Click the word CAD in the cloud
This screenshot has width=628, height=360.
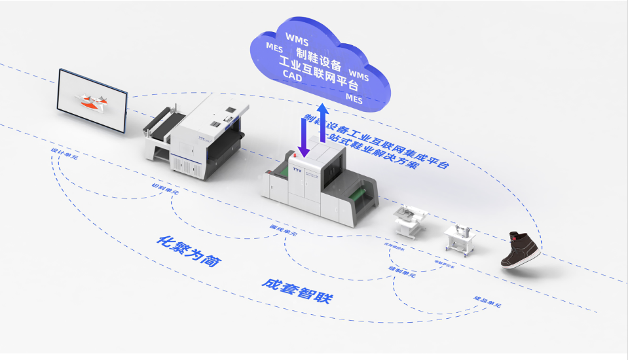293,76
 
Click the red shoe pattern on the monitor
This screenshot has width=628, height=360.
91,101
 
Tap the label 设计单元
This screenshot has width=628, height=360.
65,154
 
